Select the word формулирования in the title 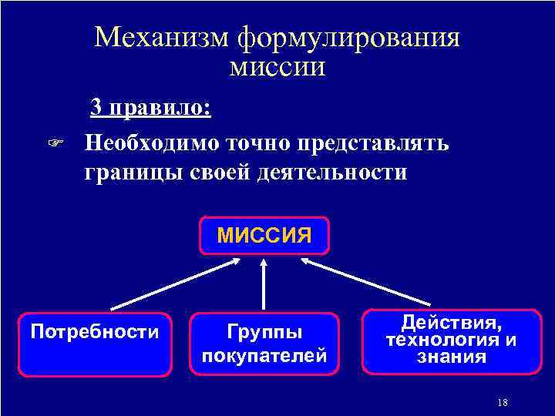[348, 38]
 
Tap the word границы [133, 172]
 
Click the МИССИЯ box [264, 235]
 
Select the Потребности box [95, 344]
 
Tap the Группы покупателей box [264, 344]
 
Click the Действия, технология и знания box [452, 341]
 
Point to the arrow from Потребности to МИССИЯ [177, 283]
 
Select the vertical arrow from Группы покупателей [264, 285]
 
